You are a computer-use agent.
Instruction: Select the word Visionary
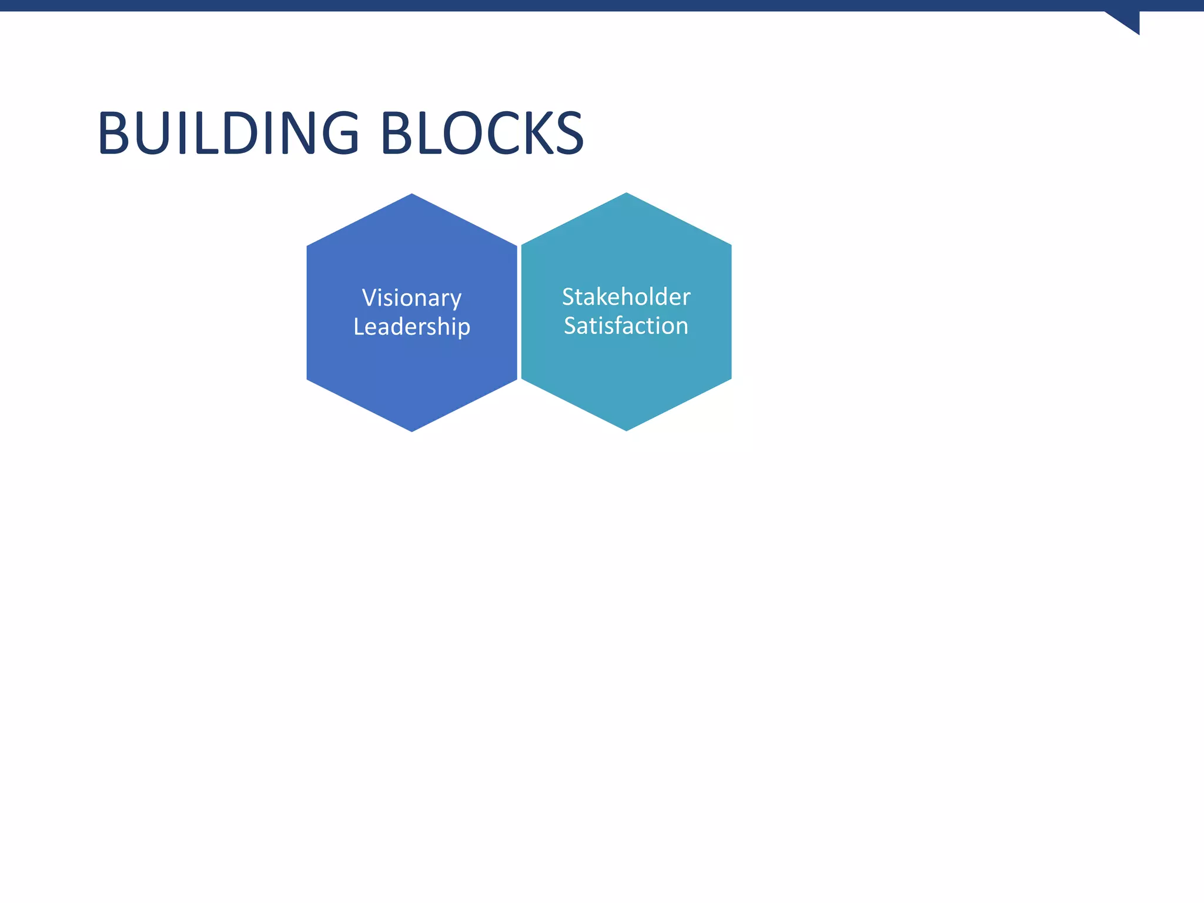(412, 298)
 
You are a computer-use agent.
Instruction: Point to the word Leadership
(412, 327)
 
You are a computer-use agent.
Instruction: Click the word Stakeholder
(626, 297)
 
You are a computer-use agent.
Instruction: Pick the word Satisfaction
(626, 326)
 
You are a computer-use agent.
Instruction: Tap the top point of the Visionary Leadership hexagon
(412, 195)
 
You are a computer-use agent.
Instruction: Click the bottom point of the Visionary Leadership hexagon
(412, 430)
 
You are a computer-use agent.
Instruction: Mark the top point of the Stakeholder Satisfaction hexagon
(626, 194)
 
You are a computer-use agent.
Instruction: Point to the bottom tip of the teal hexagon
(626, 430)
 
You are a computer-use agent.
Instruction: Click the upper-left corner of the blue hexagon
(308, 246)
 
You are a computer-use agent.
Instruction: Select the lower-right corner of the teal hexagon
(730, 379)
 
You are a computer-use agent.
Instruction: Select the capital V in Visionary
(369, 297)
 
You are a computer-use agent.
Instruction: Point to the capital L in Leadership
(359, 326)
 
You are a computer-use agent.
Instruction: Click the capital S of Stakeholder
(568, 297)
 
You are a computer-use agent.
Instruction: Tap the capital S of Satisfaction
(570, 326)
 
